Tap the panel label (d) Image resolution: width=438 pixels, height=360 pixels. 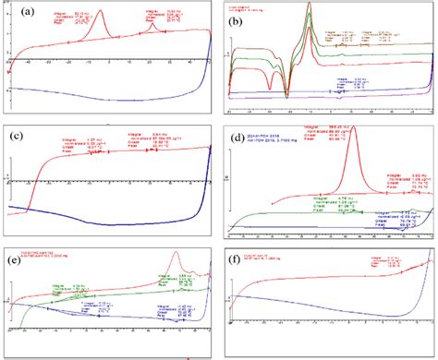coord(238,138)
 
